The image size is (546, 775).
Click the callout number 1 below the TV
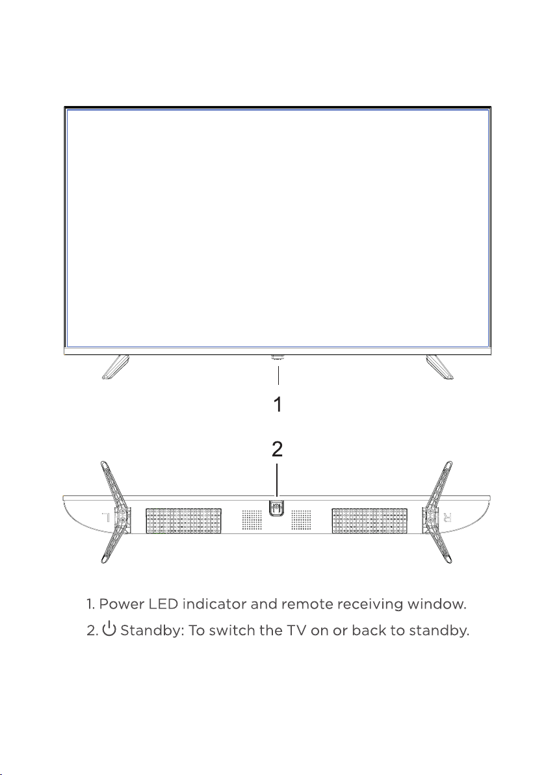[278, 404]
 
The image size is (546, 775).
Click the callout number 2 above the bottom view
[277, 449]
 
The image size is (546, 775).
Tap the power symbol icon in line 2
[109, 629]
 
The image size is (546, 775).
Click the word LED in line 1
[163, 604]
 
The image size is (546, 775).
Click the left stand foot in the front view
[115, 367]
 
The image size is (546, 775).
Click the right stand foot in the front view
[440, 367]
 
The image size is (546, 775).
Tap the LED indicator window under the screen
[277, 356]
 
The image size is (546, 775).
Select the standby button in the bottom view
[277, 508]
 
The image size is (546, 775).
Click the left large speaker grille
[183, 520]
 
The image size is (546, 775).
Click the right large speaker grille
[370, 520]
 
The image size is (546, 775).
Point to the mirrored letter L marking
[105, 518]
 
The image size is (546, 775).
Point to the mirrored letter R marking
[447, 518]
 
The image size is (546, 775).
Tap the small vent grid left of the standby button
[252, 520]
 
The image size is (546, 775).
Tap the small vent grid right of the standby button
[302, 520]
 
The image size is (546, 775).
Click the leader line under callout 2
[277, 480]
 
